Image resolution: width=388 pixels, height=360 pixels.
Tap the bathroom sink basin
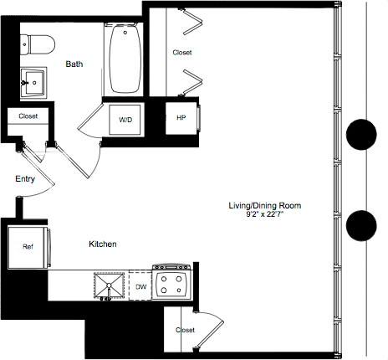(33, 80)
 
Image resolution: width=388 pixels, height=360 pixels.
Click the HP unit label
(181, 118)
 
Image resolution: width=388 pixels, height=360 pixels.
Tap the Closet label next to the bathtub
(181, 53)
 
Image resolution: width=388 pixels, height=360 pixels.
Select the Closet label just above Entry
(28, 116)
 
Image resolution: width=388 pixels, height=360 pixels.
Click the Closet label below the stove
(185, 330)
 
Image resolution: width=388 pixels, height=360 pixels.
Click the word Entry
(25, 179)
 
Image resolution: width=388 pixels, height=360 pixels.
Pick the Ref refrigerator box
(28, 247)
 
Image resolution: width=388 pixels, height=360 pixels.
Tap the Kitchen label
(102, 244)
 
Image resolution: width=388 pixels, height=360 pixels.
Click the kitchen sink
(109, 285)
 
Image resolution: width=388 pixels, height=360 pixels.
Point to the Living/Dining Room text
(265, 205)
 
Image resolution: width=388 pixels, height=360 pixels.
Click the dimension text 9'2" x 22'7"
(265, 215)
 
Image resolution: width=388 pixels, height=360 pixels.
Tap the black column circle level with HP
(361, 133)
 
